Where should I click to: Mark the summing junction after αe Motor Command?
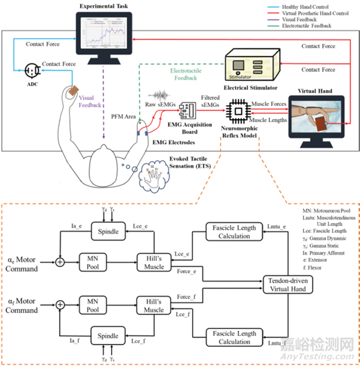click(60, 261)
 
